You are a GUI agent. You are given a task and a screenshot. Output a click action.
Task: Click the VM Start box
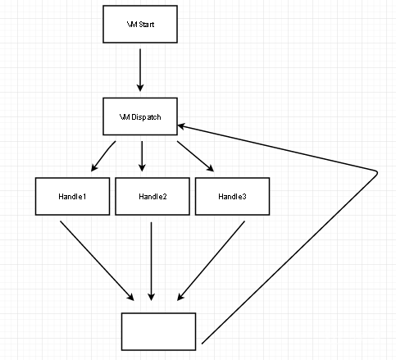tap(140, 24)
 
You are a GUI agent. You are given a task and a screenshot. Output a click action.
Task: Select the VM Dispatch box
tap(140, 116)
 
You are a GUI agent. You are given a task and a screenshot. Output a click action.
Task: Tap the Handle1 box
tap(72, 196)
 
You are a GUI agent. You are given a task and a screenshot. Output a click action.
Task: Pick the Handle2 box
tap(152, 196)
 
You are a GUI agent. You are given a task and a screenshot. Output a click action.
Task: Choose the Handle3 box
tap(232, 196)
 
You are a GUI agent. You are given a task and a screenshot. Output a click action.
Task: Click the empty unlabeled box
tap(158, 331)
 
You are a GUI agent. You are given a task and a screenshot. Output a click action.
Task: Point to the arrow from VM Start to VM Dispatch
tap(140, 71)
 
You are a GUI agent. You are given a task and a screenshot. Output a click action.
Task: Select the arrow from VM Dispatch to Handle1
tap(102, 156)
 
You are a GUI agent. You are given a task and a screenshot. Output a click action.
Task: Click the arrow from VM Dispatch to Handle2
tap(142, 156)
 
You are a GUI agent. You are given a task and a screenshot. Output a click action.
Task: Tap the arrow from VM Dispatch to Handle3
tap(195, 156)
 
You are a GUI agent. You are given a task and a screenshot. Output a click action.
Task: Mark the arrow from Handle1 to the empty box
tap(97, 261)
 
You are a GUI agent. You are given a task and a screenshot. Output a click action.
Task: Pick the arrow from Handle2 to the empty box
tap(151, 262)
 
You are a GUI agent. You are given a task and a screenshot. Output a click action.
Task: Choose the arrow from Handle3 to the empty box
tap(211, 261)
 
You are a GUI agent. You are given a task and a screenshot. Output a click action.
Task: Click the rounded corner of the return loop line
tap(376, 173)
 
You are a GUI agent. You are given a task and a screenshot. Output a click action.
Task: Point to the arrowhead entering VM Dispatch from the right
tap(181, 126)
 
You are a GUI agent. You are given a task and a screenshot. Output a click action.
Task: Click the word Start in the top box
tap(147, 25)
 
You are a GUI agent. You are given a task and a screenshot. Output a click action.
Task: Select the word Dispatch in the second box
tap(146, 117)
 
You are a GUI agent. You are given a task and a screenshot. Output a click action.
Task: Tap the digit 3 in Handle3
tap(244, 196)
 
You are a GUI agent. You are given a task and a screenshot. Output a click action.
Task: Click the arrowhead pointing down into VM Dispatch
tap(140, 88)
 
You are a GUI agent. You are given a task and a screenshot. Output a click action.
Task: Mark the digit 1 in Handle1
tap(84, 196)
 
